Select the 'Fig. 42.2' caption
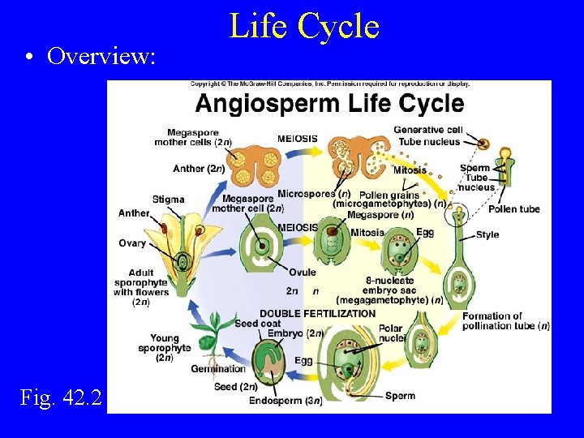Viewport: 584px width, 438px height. [x=62, y=397]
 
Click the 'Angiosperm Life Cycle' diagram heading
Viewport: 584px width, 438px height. [x=329, y=104]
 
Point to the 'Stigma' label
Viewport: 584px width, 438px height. [x=169, y=200]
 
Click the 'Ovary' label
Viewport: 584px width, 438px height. [x=132, y=243]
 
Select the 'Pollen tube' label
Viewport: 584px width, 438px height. [x=513, y=209]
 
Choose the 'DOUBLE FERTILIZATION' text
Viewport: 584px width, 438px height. [x=317, y=313]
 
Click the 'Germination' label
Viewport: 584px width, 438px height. [x=218, y=369]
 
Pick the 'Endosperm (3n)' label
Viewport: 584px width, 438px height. [x=286, y=401]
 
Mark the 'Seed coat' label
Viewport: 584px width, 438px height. [x=257, y=324]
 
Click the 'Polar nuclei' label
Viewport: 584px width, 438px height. [x=390, y=333]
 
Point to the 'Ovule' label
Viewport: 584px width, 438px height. [x=302, y=273]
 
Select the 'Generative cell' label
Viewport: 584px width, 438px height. [x=428, y=130]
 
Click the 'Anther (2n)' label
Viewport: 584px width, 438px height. [x=199, y=169]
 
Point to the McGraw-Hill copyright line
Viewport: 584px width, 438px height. [x=329, y=84]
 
